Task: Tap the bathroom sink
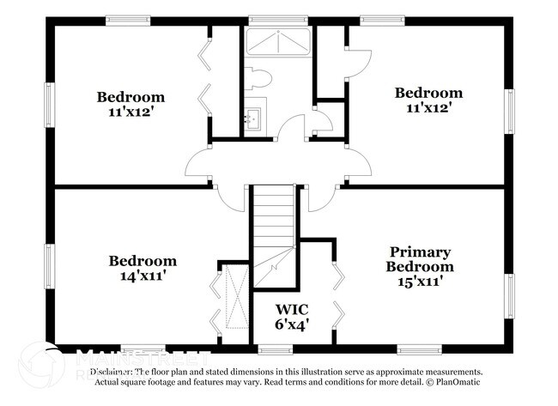[255, 118]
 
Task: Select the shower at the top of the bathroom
[278, 42]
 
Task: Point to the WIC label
[291, 309]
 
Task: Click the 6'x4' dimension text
[291, 324]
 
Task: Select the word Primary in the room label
[420, 251]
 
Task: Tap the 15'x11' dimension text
[420, 281]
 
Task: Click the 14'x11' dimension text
[143, 276]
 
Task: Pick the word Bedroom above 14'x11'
[143, 261]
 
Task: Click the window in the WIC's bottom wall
[275, 348]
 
